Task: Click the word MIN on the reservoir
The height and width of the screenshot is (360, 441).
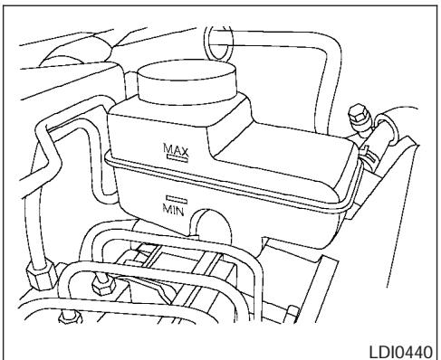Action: (175, 208)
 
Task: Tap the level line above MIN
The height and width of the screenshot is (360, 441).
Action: (175, 197)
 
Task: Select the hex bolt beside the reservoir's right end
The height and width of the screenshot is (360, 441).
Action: (355, 118)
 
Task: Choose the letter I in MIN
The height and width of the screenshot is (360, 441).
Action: (175, 208)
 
